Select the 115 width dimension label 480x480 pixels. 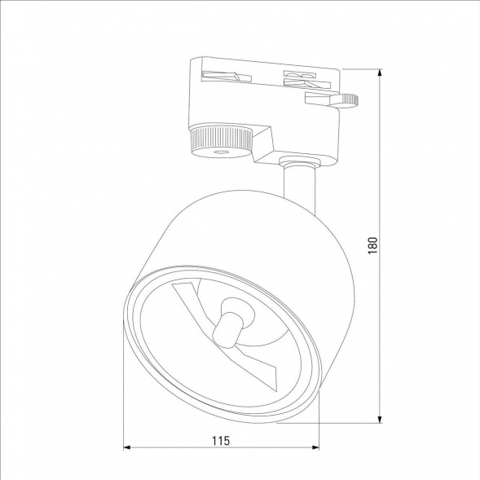point(220,440)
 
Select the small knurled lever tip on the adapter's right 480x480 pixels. point(349,99)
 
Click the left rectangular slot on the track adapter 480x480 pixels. point(222,77)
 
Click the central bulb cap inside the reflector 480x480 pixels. point(231,320)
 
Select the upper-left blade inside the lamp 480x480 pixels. point(188,297)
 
